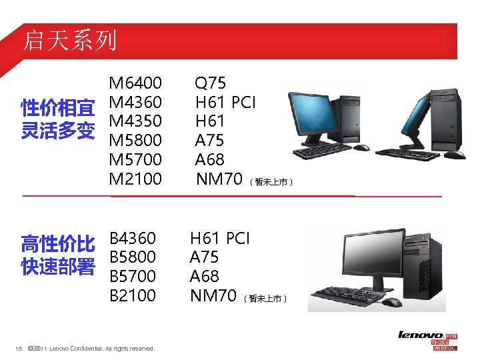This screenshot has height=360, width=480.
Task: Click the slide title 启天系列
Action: pyautogui.click(x=69, y=41)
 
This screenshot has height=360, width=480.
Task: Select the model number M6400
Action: pyautogui.click(x=135, y=83)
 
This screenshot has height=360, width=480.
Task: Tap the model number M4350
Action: pyautogui.click(x=135, y=121)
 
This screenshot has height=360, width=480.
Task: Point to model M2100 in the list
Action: pyautogui.click(x=135, y=179)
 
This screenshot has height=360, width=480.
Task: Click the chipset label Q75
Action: pyautogui.click(x=210, y=83)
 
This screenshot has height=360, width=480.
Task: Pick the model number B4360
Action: pyautogui.click(x=133, y=238)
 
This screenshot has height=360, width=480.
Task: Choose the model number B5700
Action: pyautogui.click(x=133, y=276)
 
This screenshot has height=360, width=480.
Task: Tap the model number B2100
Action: pyautogui.click(x=133, y=295)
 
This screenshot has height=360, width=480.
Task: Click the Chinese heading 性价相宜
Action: pyautogui.click(x=57, y=107)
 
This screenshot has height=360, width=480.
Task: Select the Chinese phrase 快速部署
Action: pyautogui.click(x=57, y=267)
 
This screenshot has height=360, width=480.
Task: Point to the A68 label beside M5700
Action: pyautogui.click(x=209, y=160)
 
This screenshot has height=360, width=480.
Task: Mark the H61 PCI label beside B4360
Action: pyautogui.click(x=219, y=238)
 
